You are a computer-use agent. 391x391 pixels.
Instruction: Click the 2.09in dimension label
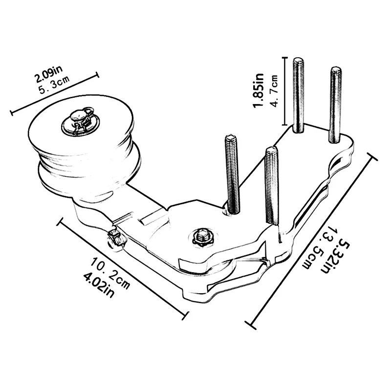pyautogui.click(x=48, y=78)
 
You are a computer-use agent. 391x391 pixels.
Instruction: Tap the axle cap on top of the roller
pyautogui.click(x=77, y=118)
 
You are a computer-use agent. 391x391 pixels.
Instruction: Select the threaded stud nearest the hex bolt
pyautogui.click(x=270, y=186)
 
